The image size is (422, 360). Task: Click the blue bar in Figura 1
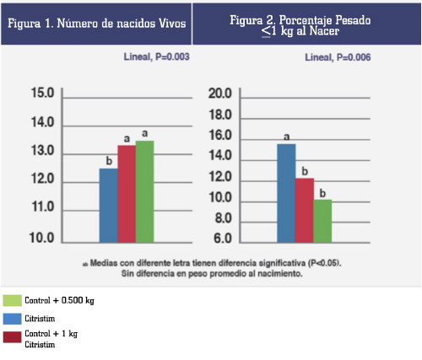click(x=109, y=206)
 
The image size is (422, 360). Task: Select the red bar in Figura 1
click(x=127, y=194)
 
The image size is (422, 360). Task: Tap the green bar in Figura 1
click(x=145, y=191)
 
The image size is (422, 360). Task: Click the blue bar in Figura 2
click(x=286, y=193)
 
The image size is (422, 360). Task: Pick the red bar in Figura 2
click(x=305, y=211)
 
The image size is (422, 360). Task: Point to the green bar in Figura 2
click(x=322, y=221)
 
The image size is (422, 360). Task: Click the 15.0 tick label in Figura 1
click(x=42, y=93)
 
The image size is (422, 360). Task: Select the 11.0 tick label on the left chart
click(x=43, y=207)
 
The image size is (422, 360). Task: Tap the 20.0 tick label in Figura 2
click(x=220, y=94)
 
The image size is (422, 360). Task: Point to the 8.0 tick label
click(x=224, y=218)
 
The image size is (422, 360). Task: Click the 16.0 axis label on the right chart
click(x=220, y=136)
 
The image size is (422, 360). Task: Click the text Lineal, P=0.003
click(x=157, y=57)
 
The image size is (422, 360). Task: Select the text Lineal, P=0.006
click(x=338, y=57)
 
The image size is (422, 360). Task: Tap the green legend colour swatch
click(x=12, y=300)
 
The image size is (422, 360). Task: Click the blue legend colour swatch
click(x=12, y=319)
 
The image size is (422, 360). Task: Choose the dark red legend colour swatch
click(x=12, y=337)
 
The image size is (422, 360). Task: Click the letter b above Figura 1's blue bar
click(x=109, y=161)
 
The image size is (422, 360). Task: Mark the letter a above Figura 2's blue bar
click(x=286, y=137)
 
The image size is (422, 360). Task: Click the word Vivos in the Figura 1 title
click(x=172, y=24)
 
